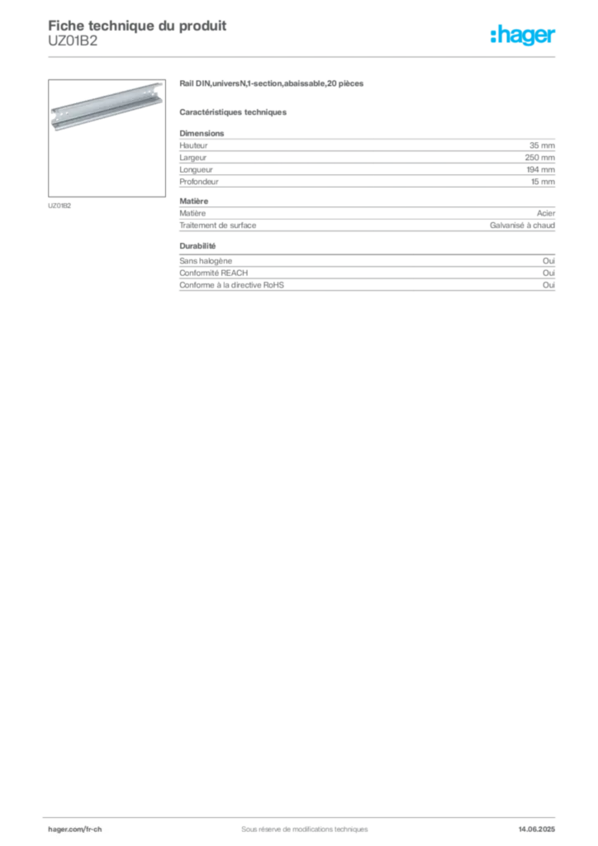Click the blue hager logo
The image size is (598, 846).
[x=524, y=36]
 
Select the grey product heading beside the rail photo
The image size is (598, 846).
[x=273, y=84]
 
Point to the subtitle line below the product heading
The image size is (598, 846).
[x=235, y=112]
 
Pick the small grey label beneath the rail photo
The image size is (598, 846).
[x=59, y=205]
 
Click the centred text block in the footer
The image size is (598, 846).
[x=299, y=824]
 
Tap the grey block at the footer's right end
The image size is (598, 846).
[x=542, y=825]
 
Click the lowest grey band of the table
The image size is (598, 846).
[x=366, y=280]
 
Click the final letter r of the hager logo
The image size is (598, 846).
[x=554, y=38]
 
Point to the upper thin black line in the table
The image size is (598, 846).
[x=374, y=168]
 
